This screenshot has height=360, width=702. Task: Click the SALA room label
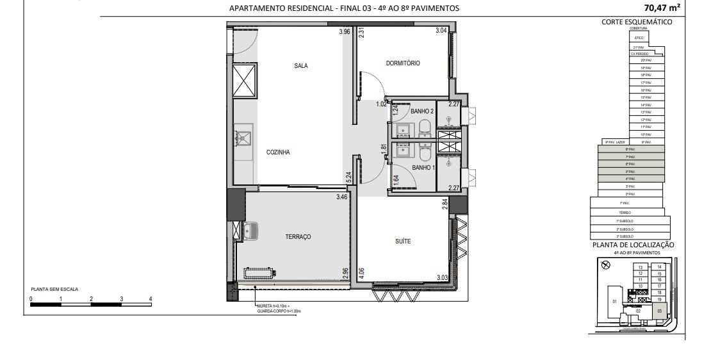(x=301, y=65)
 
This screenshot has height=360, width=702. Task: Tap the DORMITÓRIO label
(x=403, y=63)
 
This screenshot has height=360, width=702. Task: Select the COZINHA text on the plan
(x=279, y=152)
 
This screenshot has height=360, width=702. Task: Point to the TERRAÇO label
(x=298, y=237)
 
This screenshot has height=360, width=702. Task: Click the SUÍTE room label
(x=403, y=241)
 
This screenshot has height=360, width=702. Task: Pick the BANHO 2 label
(x=423, y=111)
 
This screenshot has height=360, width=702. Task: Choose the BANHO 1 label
(x=423, y=168)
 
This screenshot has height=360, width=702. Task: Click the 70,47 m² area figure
(x=663, y=8)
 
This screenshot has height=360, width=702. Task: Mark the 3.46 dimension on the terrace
(x=342, y=198)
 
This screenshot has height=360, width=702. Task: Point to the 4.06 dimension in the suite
(x=361, y=274)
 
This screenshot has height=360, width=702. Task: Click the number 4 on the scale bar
(x=151, y=299)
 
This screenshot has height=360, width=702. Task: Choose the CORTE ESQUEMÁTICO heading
(x=637, y=21)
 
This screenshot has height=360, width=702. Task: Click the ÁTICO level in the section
(x=639, y=38)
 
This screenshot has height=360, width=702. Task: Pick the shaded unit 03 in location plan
(x=660, y=311)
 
